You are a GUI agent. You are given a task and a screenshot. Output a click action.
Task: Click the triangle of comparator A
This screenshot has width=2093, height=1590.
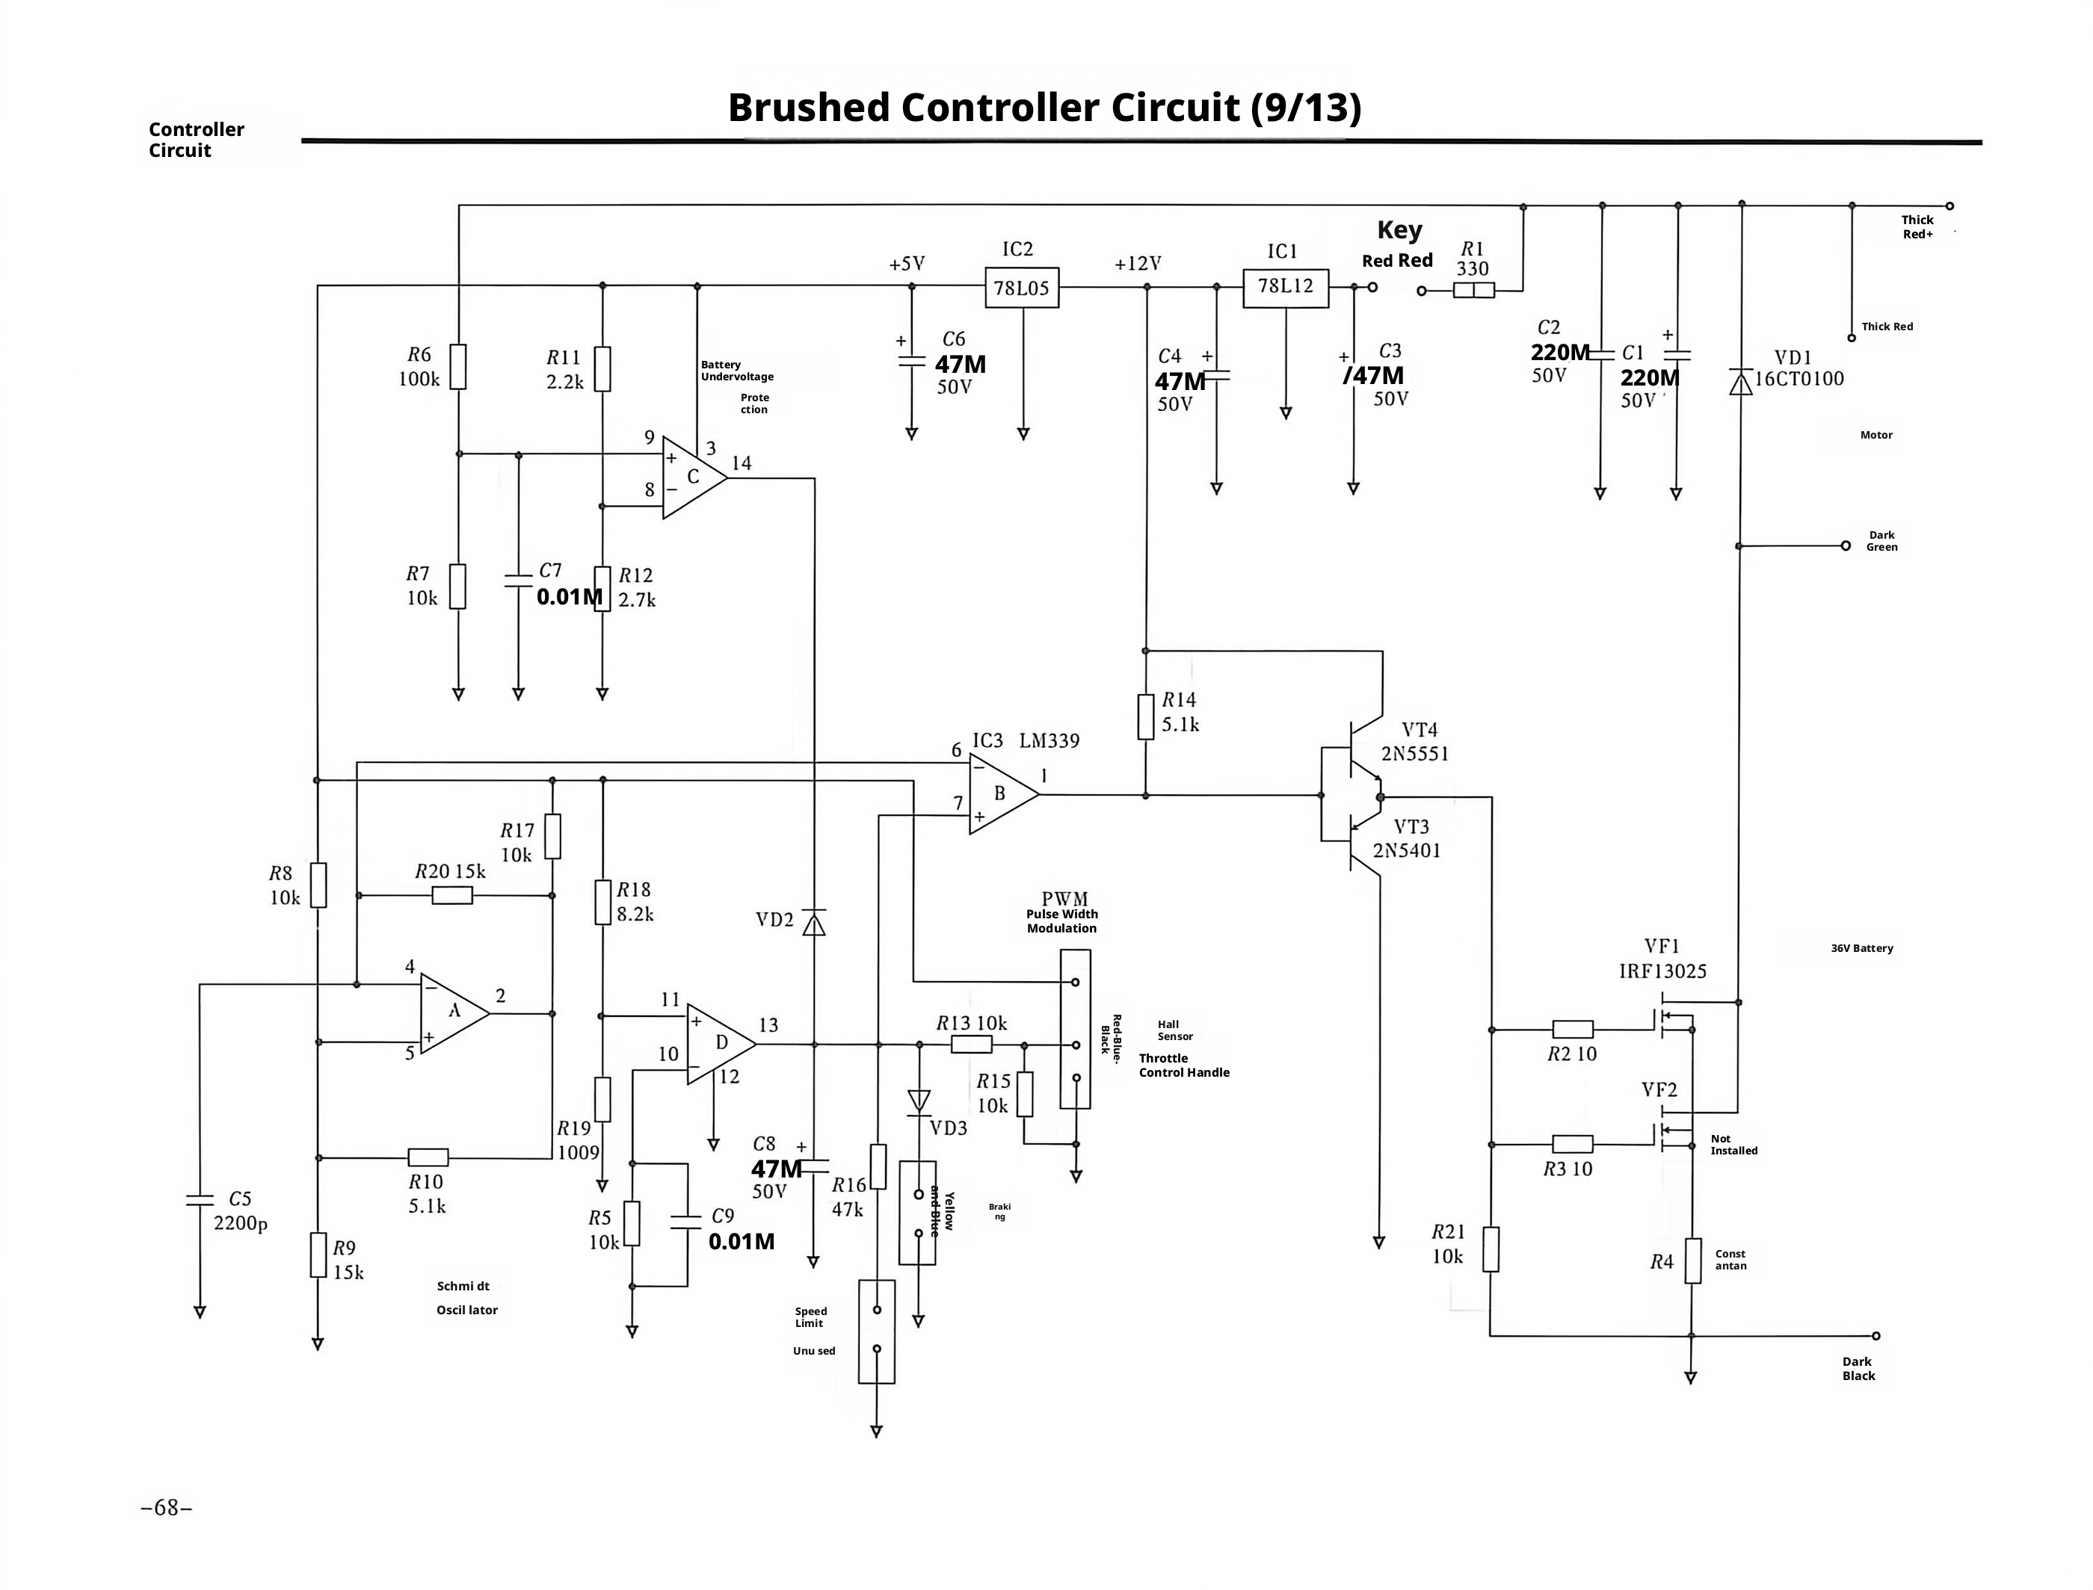(454, 1014)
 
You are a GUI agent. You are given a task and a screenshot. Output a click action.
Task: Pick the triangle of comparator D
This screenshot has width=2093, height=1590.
(721, 1044)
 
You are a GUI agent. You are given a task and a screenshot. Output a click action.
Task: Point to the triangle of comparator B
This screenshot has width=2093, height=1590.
(1003, 794)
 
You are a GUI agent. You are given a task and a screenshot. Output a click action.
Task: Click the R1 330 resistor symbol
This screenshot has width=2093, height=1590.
(1474, 291)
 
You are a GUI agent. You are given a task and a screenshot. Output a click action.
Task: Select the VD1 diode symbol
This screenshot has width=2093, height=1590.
(1740, 383)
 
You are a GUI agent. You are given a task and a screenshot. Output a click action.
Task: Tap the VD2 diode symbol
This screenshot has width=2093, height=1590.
(813, 922)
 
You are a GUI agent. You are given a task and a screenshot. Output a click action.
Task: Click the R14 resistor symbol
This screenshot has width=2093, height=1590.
(1145, 717)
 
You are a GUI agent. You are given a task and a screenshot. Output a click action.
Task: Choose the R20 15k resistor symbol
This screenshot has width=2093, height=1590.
(452, 895)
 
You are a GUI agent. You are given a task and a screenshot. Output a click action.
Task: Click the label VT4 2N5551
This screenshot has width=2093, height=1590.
(1415, 742)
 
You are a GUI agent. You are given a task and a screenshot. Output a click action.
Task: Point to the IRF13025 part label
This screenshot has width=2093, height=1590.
(1662, 971)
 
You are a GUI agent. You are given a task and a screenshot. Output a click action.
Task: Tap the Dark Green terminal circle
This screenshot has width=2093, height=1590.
(1845, 546)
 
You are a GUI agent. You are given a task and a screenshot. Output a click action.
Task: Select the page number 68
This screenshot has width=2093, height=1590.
(167, 1507)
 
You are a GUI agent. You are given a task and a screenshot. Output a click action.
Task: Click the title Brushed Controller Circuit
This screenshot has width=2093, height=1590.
(984, 108)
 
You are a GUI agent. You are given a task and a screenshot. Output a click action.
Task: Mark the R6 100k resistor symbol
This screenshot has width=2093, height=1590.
(458, 366)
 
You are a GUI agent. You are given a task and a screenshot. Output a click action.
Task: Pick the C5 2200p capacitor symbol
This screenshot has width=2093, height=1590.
(200, 1200)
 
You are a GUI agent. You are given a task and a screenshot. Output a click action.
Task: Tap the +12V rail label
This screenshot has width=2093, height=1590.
(1138, 264)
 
